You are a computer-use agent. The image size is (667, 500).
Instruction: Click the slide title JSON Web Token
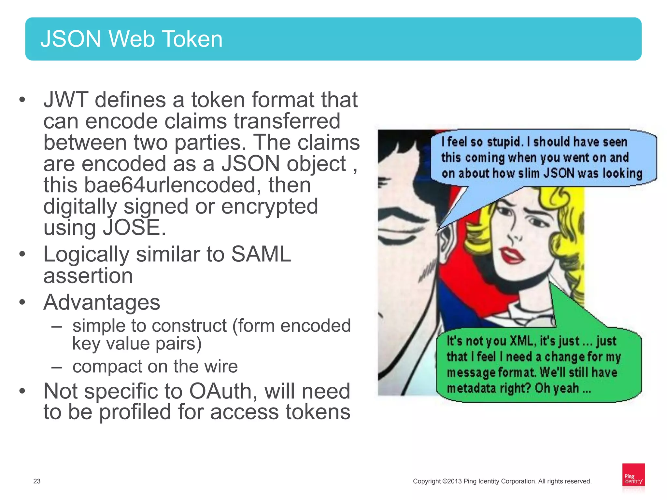131,39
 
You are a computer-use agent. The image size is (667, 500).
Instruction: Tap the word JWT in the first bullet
65,100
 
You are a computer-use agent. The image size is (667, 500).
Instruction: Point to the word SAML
261,254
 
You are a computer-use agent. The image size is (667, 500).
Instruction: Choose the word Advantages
102,302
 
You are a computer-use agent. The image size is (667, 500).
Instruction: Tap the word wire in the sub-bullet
220,367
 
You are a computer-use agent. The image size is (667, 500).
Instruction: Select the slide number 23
37,481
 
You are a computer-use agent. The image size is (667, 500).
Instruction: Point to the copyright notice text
502,481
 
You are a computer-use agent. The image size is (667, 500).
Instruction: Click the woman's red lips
512,255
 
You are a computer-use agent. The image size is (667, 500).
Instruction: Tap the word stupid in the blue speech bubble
505,142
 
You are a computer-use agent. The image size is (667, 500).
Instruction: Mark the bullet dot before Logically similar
22,254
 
